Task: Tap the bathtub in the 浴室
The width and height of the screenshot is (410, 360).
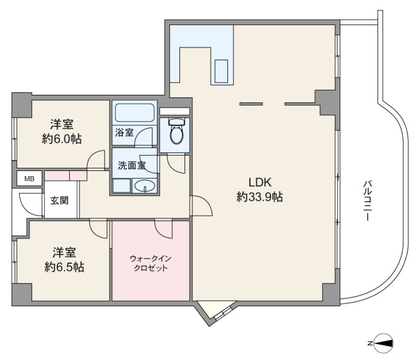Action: [135, 112]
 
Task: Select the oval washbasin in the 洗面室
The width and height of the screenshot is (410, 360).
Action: [144, 186]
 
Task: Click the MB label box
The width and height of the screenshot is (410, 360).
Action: [29, 179]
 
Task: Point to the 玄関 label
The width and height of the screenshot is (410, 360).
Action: [60, 200]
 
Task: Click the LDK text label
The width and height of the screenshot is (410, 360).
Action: [260, 182]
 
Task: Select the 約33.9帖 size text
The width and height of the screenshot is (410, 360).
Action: [259, 197]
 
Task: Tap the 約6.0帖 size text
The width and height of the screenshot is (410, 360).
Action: [61, 138]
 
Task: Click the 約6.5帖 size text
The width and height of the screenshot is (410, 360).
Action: [64, 267]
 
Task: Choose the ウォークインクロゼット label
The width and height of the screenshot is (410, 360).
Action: [151, 263]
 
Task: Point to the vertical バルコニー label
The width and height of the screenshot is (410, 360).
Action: [368, 200]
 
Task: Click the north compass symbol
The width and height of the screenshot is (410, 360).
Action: [383, 343]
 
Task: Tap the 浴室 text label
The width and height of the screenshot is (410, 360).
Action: [124, 133]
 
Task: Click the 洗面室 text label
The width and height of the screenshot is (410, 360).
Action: [131, 165]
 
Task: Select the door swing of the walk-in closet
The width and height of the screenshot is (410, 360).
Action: [164, 229]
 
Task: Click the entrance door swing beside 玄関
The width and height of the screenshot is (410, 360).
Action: [31, 204]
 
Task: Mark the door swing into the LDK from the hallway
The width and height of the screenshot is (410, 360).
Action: [202, 206]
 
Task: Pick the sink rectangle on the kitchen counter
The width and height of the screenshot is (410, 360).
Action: [221, 71]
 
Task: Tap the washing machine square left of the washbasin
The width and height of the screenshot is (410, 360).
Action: [121, 186]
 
